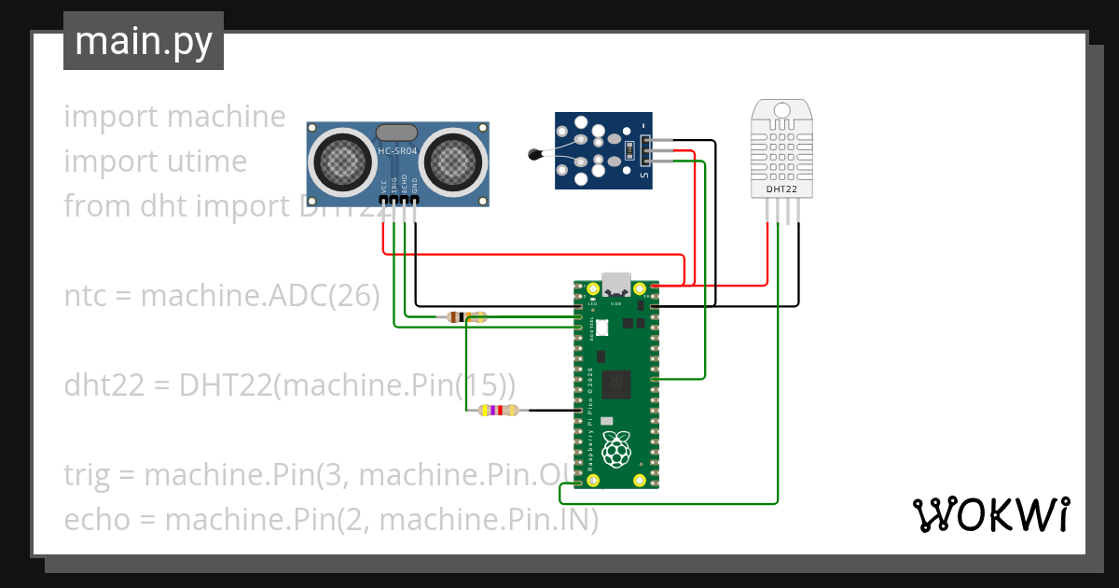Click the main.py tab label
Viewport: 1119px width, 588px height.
(143, 41)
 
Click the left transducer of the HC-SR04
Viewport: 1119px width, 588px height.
(342, 161)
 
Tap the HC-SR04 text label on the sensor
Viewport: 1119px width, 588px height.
(398, 150)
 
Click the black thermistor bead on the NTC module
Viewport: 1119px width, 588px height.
(534, 155)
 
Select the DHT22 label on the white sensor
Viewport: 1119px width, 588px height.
(781, 189)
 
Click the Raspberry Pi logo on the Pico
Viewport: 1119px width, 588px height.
(615, 450)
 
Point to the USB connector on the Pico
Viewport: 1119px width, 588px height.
(616, 282)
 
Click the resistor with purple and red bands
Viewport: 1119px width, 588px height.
(497, 411)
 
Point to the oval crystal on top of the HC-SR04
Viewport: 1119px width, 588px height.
(398, 133)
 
